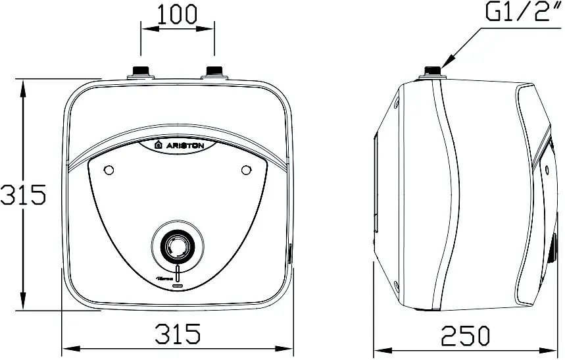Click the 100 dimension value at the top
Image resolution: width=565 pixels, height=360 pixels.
click(178, 14)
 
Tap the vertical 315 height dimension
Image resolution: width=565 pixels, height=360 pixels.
click(22, 195)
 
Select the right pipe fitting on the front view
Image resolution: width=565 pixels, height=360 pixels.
click(215, 70)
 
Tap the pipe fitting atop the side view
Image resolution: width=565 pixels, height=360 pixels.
click(432, 70)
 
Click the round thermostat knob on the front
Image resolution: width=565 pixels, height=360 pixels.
click(175, 247)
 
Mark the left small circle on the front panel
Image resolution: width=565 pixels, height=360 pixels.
click(109, 170)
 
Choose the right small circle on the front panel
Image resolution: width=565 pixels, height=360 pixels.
click(247, 170)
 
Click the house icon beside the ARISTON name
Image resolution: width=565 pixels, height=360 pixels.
click(158, 145)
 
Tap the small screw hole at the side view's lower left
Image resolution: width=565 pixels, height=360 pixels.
click(396, 286)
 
